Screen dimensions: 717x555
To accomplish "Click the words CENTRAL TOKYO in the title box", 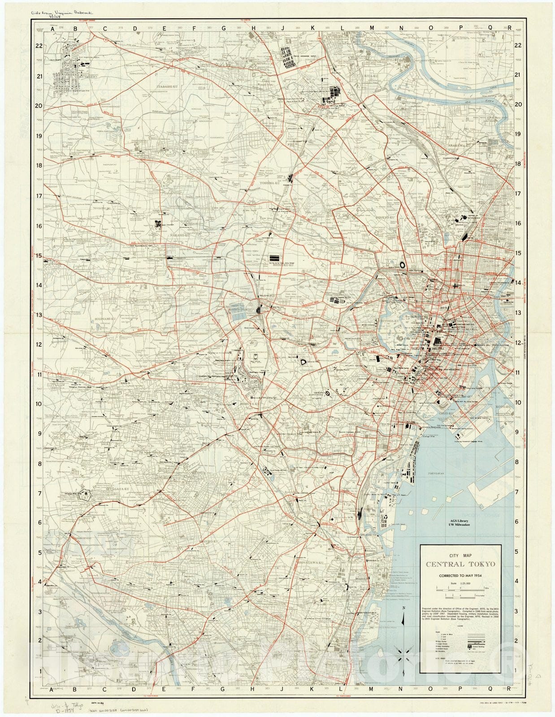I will tap(460, 564).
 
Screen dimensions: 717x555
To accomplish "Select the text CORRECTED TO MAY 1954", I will tap(460, 575).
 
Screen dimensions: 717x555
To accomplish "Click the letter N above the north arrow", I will tap(404, 608).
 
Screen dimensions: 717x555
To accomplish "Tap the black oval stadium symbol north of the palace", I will tap(402, 265).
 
